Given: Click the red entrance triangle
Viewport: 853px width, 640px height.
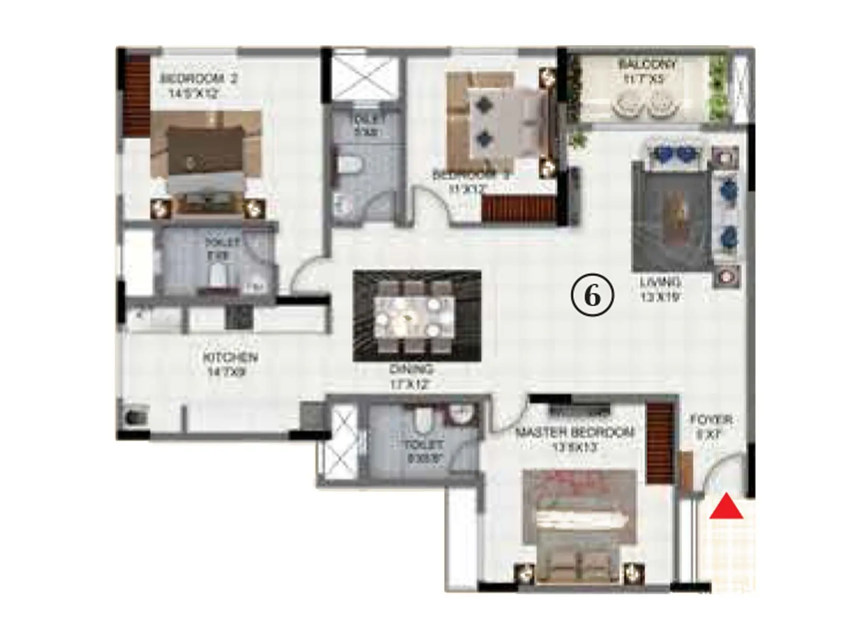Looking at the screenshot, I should click(x=726, y=508).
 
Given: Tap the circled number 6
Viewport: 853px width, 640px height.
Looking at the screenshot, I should click(x=592, y=295).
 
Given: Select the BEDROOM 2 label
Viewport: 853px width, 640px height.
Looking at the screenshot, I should click(x=199, y=79).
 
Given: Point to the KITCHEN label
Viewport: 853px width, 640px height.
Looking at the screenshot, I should click(x=230, y=357).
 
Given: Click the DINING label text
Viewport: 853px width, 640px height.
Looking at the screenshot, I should click(x=411, y=369).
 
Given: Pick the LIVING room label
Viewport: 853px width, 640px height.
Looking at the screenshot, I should click(x=661, y=282).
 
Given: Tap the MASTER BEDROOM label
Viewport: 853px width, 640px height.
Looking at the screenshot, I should click(x=575, y=432).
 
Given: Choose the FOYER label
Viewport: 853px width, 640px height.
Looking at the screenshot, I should click(x=711, y=420).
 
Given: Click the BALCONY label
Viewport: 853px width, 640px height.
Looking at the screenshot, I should click(x=647, y=65).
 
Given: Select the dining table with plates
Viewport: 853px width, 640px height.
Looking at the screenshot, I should click(x=414, y=317).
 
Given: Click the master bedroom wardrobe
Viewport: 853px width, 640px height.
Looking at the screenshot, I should click(x=660, y=443).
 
